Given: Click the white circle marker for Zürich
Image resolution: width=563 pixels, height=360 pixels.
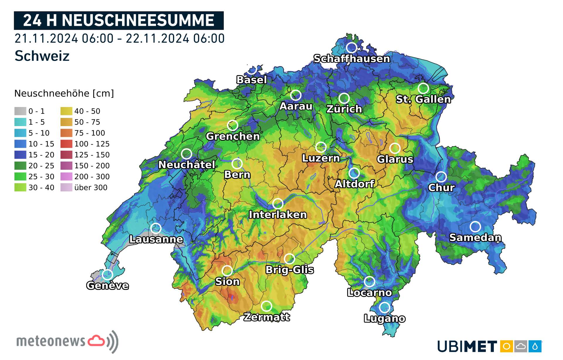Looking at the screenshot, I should click(344, 98).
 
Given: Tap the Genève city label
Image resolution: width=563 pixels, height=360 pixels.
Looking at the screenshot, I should click(107, 286).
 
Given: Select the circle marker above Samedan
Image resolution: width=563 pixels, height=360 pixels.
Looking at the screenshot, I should click(475, 226).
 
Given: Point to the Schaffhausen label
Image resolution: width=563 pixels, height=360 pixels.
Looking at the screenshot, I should click(352, 59).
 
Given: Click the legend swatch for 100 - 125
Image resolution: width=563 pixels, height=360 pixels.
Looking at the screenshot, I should click(66, 144).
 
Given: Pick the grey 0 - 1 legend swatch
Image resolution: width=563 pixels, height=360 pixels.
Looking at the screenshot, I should click(20, 111).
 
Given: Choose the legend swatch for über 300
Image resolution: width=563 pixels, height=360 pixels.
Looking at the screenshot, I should click(66, 187).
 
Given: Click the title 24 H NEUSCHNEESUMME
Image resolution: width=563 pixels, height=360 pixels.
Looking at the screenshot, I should click(119, 21).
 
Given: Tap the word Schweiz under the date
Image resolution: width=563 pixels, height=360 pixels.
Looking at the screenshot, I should click(42, 56).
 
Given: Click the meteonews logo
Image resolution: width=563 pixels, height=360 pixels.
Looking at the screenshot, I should click(67, 341).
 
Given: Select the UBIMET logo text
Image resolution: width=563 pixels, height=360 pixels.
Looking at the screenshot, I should click(467, 347).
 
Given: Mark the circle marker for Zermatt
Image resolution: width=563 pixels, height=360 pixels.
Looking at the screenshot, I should click(266, 306).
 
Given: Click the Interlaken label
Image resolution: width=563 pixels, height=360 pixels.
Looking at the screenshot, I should click(278, 215).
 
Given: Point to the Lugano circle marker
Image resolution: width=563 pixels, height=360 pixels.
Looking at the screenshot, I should click(384, 307).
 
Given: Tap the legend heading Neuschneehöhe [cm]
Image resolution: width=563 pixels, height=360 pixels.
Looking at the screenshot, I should click(64, 93).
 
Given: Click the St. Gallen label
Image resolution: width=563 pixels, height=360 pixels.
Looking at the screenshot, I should click(423, 99).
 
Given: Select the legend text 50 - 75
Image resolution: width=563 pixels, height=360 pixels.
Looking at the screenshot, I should click(87, 122).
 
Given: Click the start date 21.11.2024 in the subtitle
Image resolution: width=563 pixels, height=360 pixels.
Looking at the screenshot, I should click(46, 38).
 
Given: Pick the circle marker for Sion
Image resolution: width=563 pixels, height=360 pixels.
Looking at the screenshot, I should click(227, 271).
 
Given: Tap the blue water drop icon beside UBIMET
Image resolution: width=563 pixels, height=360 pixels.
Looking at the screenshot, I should click(535, 347).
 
